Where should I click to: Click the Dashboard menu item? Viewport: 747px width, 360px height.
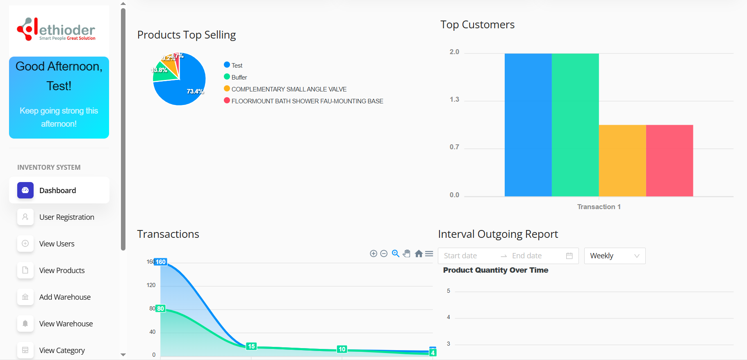[x=57, y=190]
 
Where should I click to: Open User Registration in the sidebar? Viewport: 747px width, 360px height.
[x=66, y=217]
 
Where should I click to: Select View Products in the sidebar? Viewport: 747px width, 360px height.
[x=61, y=270]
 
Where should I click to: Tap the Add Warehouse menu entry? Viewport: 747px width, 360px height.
[x=65, y=297]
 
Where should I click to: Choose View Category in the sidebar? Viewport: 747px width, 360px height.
[x=62, y=350]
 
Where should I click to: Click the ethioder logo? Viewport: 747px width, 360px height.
[x=56, y=29]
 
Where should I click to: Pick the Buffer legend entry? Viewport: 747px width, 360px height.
[x=239, y=77]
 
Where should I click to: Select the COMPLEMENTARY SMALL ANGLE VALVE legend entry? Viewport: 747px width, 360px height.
[x=289, y=89]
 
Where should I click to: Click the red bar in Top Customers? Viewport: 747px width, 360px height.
[x=670, y=160]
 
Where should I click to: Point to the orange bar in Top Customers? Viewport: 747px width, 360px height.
[x=622, y=160]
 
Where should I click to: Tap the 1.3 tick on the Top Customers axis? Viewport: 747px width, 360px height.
[x=454, y=100]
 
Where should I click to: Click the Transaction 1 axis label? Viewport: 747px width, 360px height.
[x=599, y=207]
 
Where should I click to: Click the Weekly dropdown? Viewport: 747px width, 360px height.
[x=615, y=256]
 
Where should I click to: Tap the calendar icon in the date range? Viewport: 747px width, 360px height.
[x=569, y=256]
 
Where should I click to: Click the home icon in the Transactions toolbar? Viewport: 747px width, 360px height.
[x=419, y=254]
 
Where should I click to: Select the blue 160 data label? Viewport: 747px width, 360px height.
[x=161, y=262]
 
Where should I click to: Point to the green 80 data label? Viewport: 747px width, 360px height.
[x=160, y=309]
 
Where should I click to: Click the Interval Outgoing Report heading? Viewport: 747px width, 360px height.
[x=498, y=234]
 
